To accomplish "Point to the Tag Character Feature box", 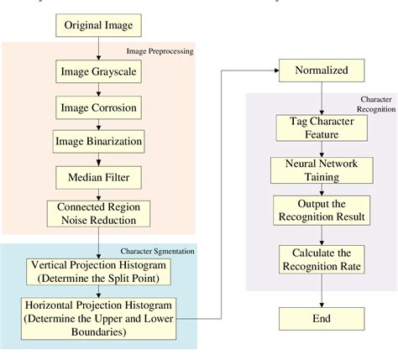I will [x=320, y=128].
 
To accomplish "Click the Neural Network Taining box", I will [x=320, y=170].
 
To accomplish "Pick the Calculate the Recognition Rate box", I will [x=320, y=259].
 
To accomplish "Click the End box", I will [x=320, y=318].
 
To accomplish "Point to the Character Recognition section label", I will [x=375, y=104].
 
